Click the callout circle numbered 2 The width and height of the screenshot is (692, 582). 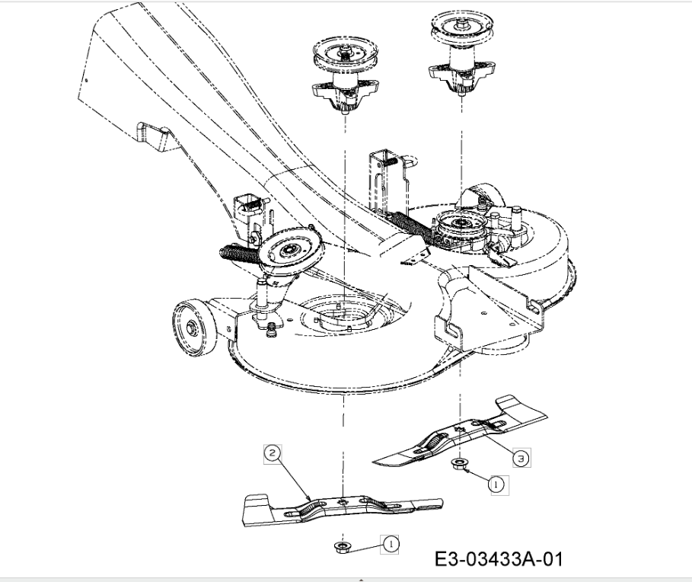273,453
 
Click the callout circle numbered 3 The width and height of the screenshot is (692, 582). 521,458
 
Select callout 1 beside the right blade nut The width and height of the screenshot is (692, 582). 496,484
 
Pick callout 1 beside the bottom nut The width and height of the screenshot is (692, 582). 391,544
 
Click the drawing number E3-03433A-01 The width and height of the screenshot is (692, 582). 499,559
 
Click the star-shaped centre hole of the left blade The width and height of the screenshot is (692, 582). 342,501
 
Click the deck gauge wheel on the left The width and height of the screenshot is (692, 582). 194,326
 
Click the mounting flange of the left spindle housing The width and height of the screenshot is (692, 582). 345,91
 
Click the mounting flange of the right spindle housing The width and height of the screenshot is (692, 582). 461,72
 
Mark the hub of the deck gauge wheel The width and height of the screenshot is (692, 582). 191,328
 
